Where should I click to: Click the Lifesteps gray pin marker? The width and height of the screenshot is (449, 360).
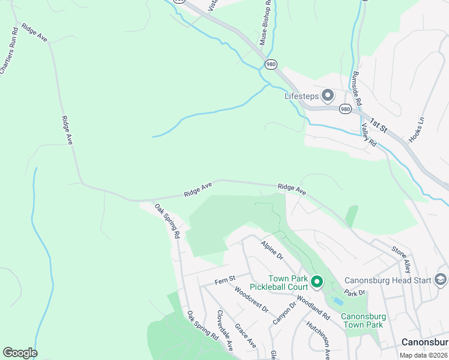click(328, 95)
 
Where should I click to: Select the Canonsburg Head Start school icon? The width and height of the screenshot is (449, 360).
click(440, 280)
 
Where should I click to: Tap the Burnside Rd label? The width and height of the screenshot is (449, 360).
click(357, 89)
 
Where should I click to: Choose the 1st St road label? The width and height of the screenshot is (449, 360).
click(379, 123)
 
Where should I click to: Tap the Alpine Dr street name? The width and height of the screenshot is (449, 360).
click(272, 250)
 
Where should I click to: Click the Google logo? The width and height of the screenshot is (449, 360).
click(20, 353)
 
